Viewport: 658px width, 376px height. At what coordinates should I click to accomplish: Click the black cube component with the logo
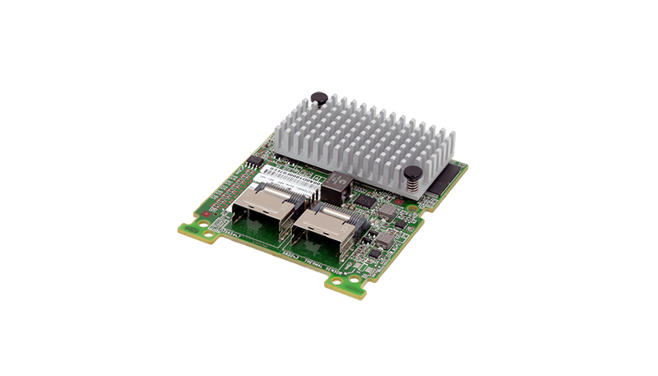coord(336,188)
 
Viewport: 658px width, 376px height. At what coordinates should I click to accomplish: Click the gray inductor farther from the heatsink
coord(379,240)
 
